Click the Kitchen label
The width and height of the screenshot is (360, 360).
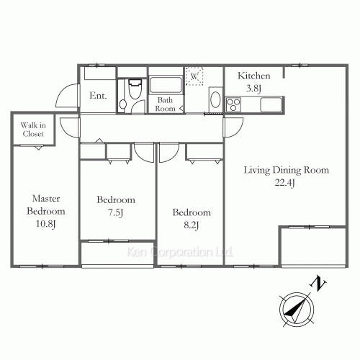pos(254,76)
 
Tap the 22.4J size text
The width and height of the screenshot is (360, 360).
pos(286,183)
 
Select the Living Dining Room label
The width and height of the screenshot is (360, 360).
pos(286,171)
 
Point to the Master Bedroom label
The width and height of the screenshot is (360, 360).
pos(46,205)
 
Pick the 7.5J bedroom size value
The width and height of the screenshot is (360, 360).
pos(116,212)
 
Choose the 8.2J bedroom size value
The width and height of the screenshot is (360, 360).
pos(191,225)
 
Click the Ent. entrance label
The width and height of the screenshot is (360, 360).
pos(99,96)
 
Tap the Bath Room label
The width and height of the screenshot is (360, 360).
pos(166,104)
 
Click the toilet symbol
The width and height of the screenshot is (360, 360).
pos(132,95)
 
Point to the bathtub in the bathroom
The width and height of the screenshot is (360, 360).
pos(166,81)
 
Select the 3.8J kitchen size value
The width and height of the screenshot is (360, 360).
pos(254,89)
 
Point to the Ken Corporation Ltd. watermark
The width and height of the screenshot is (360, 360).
pos(180,253)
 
